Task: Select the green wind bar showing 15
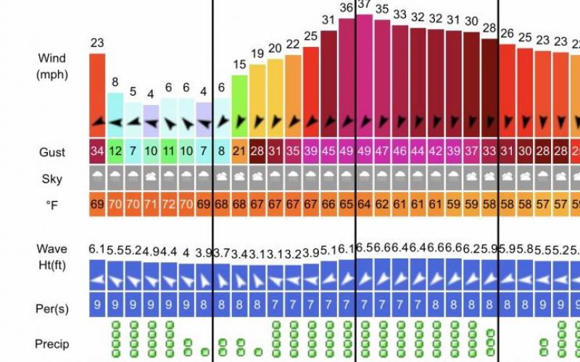click(240, 105)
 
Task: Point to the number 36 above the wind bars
click(347, 8)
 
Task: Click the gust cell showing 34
click(97, 152)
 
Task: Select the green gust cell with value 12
click(115, 152)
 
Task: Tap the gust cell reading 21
click(240, 152)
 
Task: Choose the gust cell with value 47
click(382, 152)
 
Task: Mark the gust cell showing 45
click(328, 152)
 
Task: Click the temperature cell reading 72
click(168, 205)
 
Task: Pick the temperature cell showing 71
click(151, 205)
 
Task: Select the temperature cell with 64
click(364, 205)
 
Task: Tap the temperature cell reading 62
click(382, 205)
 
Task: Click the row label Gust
click(52, 152)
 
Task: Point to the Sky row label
click(52, 179)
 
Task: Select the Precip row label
click(52, 342)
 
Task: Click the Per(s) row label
click(52, 308)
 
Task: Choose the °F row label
click(52, 206)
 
